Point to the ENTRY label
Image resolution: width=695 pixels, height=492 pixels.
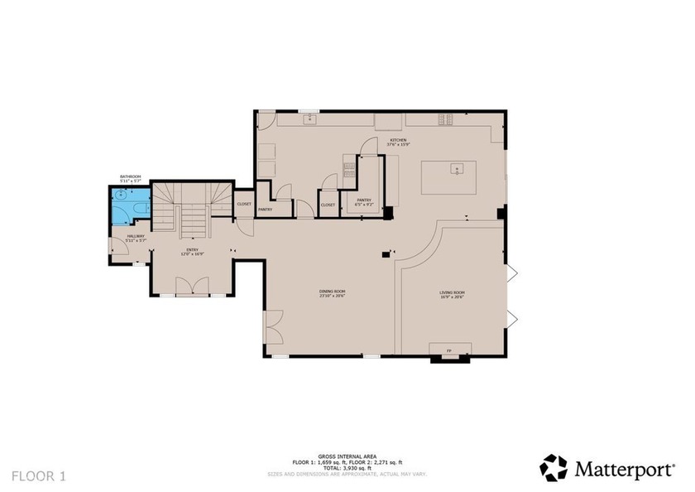[x=192, y=251]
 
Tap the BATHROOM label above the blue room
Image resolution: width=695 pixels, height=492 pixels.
[x=131, y=177]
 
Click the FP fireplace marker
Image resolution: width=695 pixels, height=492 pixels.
[x=449, y=351]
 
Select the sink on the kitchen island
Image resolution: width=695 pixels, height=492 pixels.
[x=454, y=170]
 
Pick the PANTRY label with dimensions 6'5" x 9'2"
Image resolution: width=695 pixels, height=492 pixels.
[x=364, y=201]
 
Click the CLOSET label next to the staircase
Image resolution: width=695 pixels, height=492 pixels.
[x=244, y=204]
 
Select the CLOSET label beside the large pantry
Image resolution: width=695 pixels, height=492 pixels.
[x=328, y=205]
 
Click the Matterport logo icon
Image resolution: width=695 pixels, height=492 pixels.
[x=554, y=468]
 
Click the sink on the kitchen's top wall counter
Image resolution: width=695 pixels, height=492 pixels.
[x=312, y=120]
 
